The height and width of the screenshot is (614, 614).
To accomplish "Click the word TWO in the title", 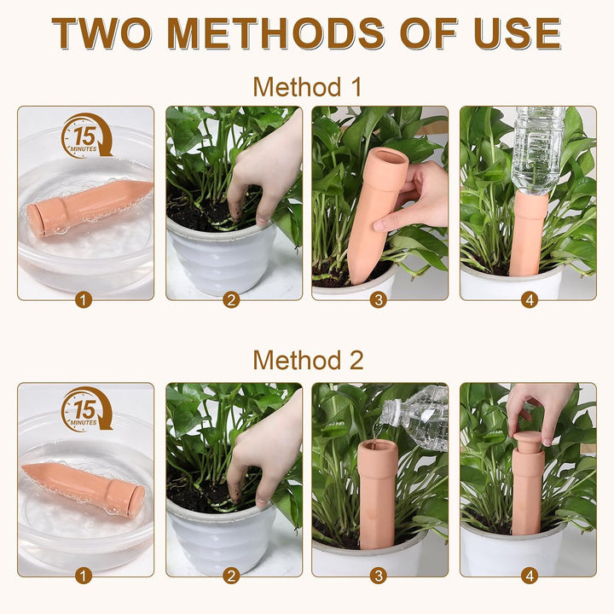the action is pyautogui.click(x=101, y=33).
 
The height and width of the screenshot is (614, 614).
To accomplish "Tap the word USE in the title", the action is pyautogui.click(x=518, y=33).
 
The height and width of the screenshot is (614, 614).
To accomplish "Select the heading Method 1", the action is pyautogui.click(x=307, y=86).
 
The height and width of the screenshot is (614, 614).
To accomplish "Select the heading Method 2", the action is pyautogui.click(x=308, y=360).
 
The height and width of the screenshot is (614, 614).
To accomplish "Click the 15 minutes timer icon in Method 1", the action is pyautogui.click(x=86, y=136).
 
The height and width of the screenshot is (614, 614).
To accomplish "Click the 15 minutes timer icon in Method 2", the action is pyautogui.click(x=86, y=409).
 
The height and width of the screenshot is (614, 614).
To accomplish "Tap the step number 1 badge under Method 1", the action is pyautogui.click(x=83, y=300).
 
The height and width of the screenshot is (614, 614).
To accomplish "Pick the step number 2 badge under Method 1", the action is pyautogui.click(x=231, y=300).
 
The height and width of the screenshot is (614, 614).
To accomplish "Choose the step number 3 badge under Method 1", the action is pyautogui.click(x=379, y=300).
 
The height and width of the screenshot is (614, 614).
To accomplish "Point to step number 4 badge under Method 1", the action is pyautogui.click(x=529, y=300).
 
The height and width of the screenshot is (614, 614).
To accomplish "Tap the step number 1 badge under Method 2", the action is pyautogui.click(x=83, y=576).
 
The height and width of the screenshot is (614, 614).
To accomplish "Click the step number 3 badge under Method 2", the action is pyautogui.click(x=379, y=576).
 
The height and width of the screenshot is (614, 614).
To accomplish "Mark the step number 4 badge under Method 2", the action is pyautogui.click(x=529, y=576).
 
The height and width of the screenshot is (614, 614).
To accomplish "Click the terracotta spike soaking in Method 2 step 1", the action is pyautogui.click(x=84, y=489).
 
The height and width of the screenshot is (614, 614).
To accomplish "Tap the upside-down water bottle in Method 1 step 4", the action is pyautogui.click(x=538, y=150).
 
